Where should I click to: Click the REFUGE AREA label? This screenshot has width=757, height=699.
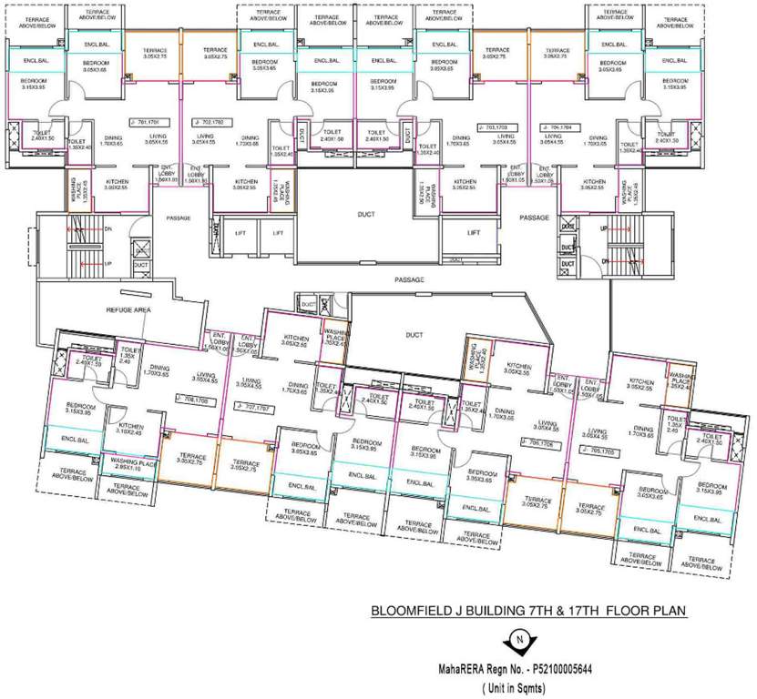[x=130, y=310]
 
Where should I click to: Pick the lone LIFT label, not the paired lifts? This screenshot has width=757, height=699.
[x=474, y=233]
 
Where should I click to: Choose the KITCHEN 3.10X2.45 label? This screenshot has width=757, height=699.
[x=130, y=429]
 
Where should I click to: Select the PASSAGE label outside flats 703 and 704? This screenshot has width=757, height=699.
[x=534, y=218]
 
